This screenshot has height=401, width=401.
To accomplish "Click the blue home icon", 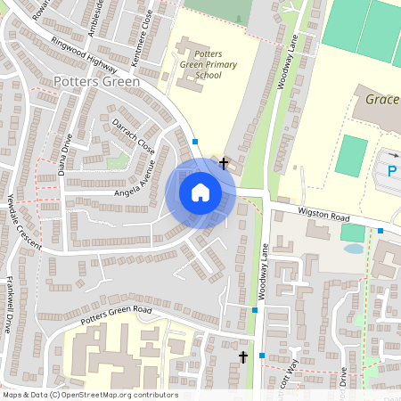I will (x=200, y=192).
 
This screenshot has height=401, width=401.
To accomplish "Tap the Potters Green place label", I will (x=97, y=82).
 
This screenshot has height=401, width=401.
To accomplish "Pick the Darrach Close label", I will (x=134, y=134).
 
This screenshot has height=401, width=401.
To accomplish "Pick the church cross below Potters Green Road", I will (x=242, y=357).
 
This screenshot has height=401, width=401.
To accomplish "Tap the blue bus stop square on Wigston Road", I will (x=381, y=231).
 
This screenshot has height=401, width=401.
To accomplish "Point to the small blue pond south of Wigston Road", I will (x=352, y=248).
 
